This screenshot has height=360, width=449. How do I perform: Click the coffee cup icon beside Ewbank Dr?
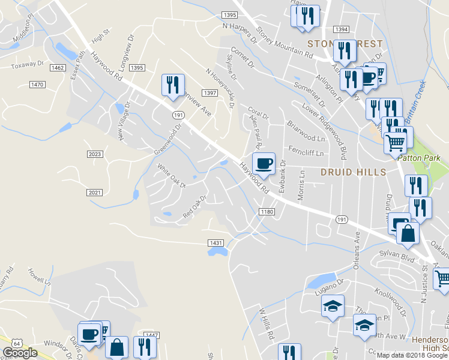click(264, 163)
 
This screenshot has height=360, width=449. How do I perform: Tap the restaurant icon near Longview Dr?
click(172, 85)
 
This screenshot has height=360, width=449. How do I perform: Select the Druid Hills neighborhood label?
click(353, 172)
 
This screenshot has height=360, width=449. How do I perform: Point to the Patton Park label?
click(419, 158)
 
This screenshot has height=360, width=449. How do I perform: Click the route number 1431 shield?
click(216, 242)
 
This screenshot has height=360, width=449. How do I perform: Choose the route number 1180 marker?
click(267, 212)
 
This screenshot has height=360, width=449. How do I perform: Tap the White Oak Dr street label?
click(172, 175)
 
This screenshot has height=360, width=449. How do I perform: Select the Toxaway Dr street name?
click(28, 63)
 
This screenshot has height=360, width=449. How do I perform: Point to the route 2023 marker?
click(95, 155)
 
